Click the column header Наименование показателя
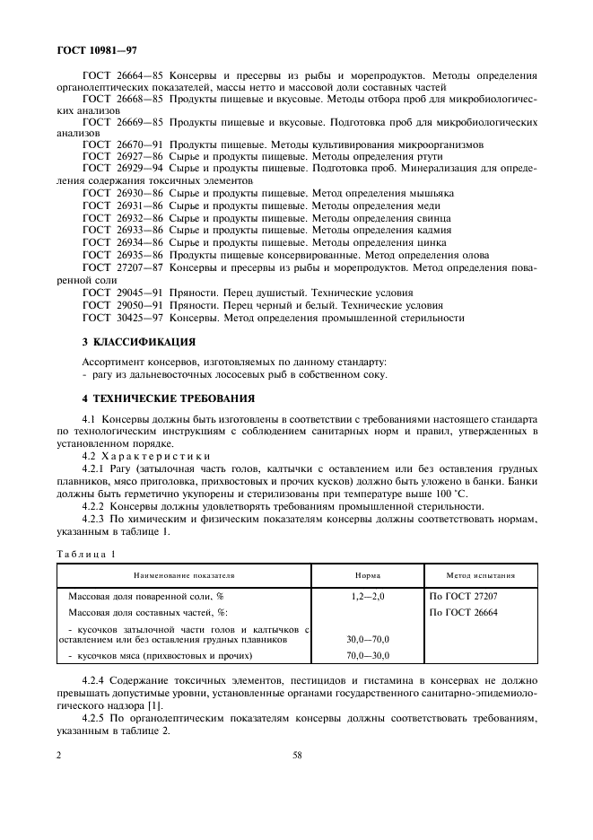[x=184, y=574]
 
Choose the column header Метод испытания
[x=480, y=574]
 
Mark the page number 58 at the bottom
[x=296, y=755]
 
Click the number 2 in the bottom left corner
[x=58, y=755]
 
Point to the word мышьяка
[x=432, y=193]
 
